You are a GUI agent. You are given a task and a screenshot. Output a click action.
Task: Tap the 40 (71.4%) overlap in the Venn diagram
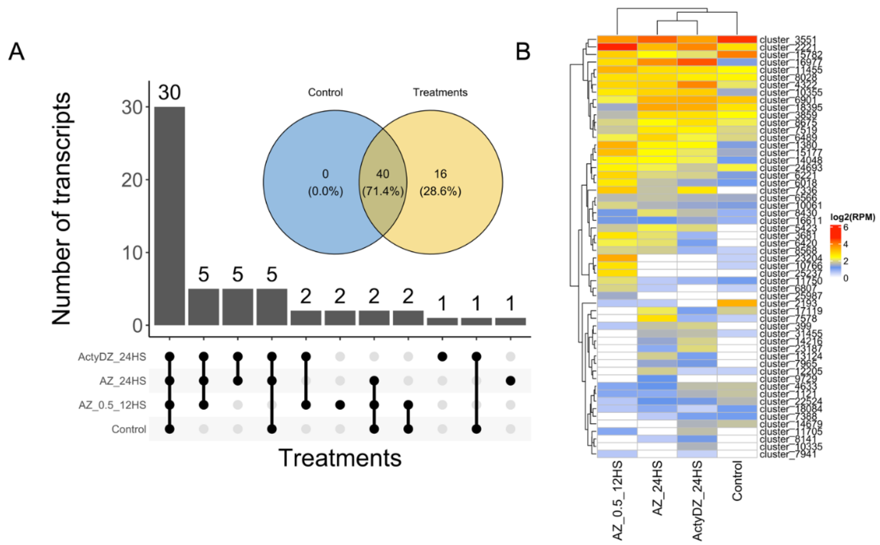(x=383, y=182)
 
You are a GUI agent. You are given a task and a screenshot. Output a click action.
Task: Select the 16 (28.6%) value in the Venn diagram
(x=440, y=182)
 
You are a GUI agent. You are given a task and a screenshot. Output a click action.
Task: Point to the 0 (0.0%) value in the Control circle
(x=325, y=182)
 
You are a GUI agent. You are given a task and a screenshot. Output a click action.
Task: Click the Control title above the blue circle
(x=325, y=92)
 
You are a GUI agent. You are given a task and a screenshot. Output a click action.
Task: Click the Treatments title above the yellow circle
(x=440, y=92)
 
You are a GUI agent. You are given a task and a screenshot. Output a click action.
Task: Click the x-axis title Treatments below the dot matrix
(x=340, y=458)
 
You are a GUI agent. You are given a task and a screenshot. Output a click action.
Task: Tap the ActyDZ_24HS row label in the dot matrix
(x=112, y=357)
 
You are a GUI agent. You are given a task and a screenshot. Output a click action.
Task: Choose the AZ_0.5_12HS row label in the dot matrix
(x=112, y=405)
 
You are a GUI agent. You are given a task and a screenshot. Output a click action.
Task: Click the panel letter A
(x=16, y=52)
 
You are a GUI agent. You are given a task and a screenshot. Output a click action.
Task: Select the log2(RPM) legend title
(x=852, y=217)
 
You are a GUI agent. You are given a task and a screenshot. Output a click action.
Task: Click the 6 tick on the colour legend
(x=845, y=227)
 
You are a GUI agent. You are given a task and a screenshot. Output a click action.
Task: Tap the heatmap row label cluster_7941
(x=787, y=454)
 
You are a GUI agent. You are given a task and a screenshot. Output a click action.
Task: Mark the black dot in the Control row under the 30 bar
(x=169, y=429)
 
